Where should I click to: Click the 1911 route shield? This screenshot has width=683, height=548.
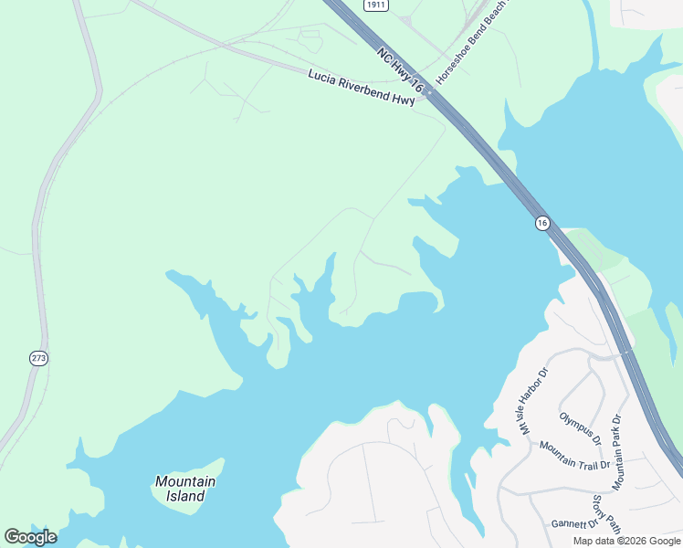click(x=375, y=5)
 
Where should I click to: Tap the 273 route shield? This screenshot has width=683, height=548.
click(x=38, y=358)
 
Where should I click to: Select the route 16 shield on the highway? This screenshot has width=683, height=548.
click(x=541, y=223)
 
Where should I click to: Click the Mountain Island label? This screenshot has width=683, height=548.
click(x=185, y=489)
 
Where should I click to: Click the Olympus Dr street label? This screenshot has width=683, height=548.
click(x=581, y=428)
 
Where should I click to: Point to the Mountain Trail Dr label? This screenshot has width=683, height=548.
click(x=574, y=455)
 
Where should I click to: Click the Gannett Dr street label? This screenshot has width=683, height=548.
click(x=573, y=524)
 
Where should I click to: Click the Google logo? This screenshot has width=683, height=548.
click(x=30, y=537)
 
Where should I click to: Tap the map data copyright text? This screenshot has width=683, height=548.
click(x=627, y=541)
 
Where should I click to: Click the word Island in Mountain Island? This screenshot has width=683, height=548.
click(x=185, y=497)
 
